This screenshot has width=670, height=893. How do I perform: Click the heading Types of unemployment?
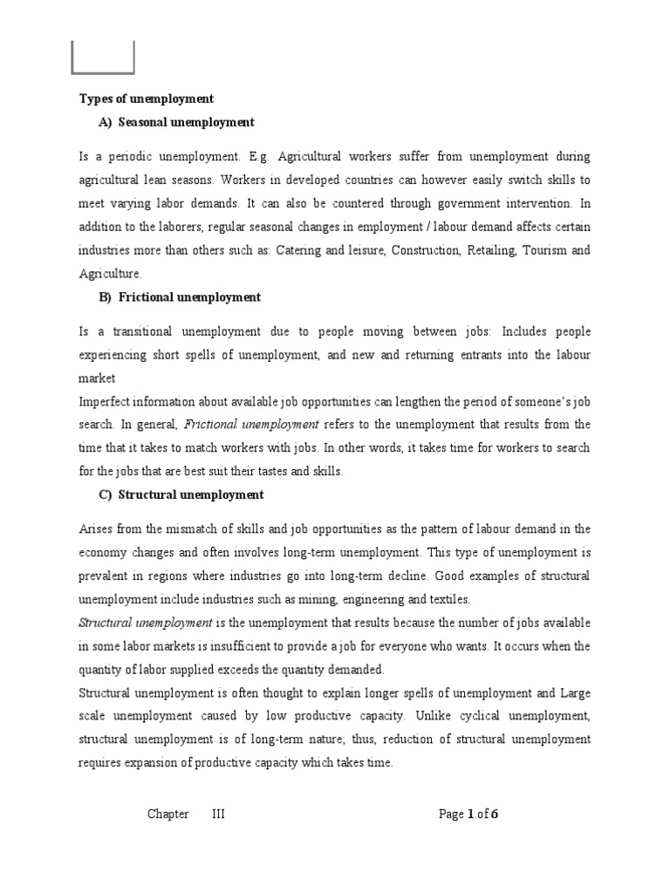[147, 99]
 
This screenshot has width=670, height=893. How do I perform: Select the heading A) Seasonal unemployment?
[176, 122]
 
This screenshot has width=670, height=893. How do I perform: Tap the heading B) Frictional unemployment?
[179, 297]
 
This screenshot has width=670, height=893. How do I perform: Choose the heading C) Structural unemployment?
[181, 494]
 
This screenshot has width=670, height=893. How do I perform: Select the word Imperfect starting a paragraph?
[106, 402]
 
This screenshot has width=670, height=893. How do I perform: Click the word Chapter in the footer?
[167, 815]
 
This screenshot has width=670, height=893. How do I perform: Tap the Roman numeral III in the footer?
[218, 815]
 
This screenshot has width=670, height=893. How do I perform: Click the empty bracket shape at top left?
[102, 58]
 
